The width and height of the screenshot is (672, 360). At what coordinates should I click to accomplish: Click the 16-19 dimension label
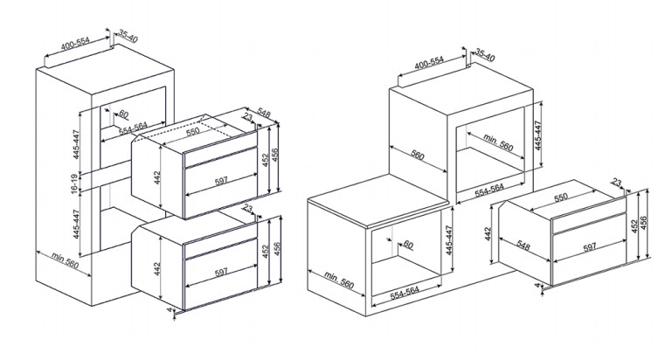(74, 182)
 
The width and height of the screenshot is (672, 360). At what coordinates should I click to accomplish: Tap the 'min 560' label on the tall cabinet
(66, 260)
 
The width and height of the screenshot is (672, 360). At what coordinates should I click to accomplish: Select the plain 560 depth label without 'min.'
(417, 155)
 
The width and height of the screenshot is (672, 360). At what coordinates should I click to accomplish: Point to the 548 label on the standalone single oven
(523, 246)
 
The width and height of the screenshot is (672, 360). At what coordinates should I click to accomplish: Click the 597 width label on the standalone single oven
(590, 247)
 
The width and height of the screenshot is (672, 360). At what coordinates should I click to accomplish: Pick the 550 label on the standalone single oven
(560, 197)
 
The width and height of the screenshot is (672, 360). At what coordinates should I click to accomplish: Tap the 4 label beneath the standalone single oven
(538, 285)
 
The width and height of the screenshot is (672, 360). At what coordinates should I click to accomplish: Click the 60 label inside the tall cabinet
(123, 114)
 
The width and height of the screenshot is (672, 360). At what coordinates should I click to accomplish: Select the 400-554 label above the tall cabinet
(75, 44)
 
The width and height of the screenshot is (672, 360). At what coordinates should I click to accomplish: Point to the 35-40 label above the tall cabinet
(128, 37)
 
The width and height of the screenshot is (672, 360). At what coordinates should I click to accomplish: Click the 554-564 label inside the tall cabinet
(134, 128)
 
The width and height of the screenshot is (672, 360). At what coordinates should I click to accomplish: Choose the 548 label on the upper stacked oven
(264, 113)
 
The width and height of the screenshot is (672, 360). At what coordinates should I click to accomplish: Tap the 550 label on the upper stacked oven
(193, 132)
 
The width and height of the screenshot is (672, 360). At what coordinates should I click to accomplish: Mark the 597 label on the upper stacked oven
(221, 181)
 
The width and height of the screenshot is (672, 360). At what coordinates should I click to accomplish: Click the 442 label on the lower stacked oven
(157, 269)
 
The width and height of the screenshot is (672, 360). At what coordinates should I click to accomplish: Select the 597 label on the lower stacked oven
(221, 272)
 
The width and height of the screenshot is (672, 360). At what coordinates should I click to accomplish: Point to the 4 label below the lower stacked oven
(169, 310)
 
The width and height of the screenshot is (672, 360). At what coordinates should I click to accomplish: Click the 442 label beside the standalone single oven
(488, 233)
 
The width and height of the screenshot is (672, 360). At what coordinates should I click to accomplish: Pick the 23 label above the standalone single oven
(616, 183)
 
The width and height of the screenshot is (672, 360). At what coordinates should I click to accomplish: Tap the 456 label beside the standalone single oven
(643, 223)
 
